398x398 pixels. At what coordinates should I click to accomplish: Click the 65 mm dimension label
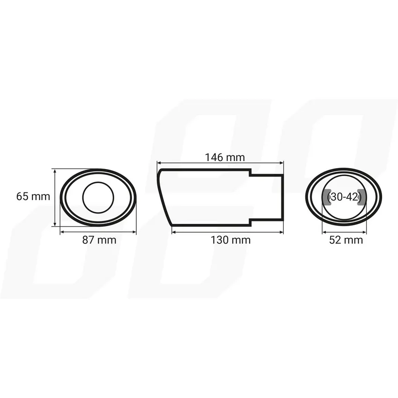pos(33,197)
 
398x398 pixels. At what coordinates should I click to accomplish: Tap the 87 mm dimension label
pos(99,240)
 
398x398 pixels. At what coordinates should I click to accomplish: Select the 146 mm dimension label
pos(225,157)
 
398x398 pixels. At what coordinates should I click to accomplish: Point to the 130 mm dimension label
pos(231,240)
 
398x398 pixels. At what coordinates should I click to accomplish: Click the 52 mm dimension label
pos(346,240)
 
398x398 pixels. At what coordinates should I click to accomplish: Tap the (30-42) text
pos(344,197)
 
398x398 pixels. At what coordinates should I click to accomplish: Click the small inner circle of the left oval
pos(98,198)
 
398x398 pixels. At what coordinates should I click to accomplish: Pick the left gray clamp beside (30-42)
pos(326,198)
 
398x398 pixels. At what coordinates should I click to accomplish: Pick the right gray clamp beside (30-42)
pos(362,198)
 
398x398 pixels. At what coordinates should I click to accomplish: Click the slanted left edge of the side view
pos(164,197)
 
